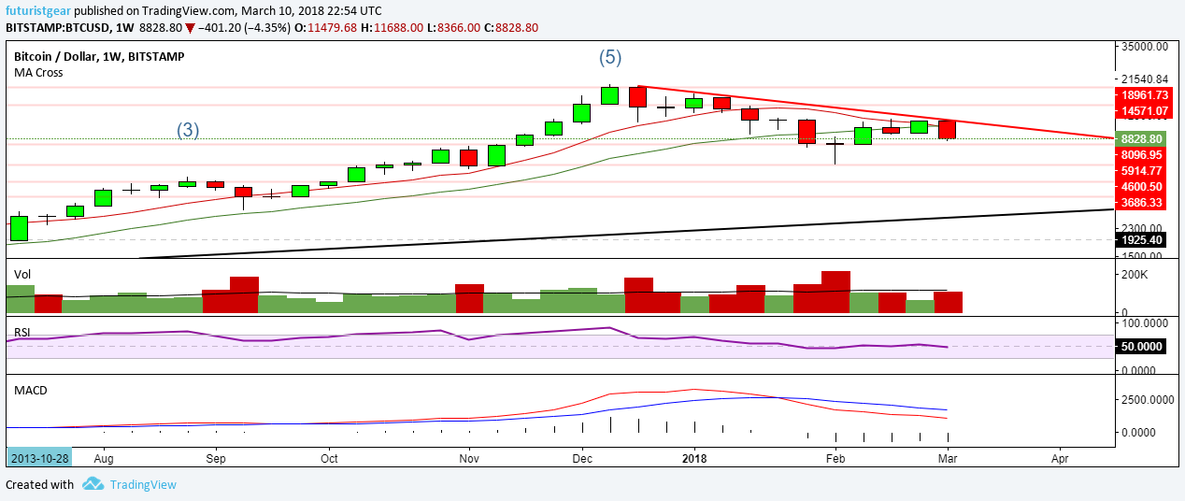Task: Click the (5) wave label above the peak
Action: pos(609,58)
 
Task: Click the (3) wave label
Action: pos(188,130)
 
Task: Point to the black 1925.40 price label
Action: pos(1143,240)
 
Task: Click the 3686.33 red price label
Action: pos(1143,202)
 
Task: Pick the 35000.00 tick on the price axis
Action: pos(1145,46)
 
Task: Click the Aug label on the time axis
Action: pos(104,459)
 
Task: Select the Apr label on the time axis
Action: pos(1060,459)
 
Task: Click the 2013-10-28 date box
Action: pos(39,459)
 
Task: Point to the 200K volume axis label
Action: pos(1135,275)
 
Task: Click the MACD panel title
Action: pos(31,389)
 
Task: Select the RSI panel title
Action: pos(22,332)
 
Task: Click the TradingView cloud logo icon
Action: pos(92,484)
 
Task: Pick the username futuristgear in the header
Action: pos(38,9)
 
